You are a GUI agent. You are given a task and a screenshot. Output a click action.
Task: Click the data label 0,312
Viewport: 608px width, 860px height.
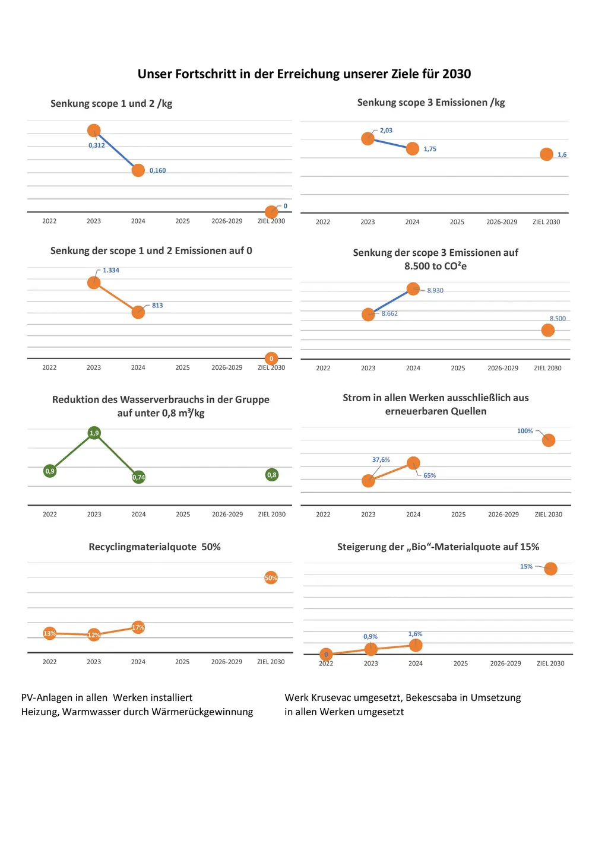[97, 145]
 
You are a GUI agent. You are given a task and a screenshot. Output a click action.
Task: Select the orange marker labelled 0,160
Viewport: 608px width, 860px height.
[138, 170]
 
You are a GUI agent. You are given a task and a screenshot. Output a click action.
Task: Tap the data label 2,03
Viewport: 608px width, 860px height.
[386, 131]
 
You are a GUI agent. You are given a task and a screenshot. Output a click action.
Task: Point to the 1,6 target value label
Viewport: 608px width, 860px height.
[562, 155]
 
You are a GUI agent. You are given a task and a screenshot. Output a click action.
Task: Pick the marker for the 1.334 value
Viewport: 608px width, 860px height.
[94, 283]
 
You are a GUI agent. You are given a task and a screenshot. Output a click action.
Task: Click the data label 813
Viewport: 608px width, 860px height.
[157, 306]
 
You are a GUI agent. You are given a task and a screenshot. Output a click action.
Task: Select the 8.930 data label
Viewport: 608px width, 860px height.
[435, 291]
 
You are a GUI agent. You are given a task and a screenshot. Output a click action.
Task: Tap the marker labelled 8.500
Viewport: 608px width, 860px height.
[548, 330]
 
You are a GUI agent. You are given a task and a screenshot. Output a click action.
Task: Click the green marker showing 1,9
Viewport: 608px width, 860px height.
[94, 433]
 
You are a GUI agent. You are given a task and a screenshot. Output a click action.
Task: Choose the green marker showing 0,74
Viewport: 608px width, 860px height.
[138, 477]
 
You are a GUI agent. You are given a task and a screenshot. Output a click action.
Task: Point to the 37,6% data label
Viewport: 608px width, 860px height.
[381, 460]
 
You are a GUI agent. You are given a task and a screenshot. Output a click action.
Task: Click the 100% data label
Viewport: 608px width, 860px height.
[525, 431]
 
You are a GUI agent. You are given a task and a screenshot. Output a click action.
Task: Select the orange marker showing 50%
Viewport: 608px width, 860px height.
[271, 578]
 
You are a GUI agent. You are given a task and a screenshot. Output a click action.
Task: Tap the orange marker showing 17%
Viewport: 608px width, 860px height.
[138, 627]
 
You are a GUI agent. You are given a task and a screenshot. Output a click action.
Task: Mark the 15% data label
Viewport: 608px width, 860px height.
[526, 567]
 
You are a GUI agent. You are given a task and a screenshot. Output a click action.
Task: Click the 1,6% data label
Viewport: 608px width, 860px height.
[416, 634]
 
